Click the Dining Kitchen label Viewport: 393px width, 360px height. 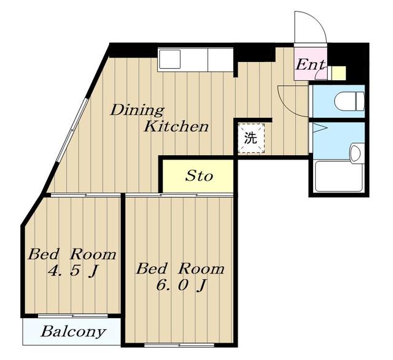coord(160,118)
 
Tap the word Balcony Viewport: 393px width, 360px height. coord(73,332)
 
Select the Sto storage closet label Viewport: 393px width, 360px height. coord(199,176)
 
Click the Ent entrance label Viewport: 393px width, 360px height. coord(311,65)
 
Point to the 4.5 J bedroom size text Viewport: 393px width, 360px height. coord(72,270)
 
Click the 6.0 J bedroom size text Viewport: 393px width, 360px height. coord(181,285)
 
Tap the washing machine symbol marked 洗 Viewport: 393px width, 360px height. coord(251,138)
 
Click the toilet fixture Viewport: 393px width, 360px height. coord(349,101)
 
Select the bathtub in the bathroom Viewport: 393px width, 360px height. coord(338,177)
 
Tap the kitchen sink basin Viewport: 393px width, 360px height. coord(170,59)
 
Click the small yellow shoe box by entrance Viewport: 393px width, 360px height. coord(338,73)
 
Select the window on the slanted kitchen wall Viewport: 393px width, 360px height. coord(72,130)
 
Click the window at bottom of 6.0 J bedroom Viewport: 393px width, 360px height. coord(179,345)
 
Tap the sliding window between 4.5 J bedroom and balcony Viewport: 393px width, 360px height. coord(73,316)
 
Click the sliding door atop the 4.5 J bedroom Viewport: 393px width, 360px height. coord(85,195)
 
